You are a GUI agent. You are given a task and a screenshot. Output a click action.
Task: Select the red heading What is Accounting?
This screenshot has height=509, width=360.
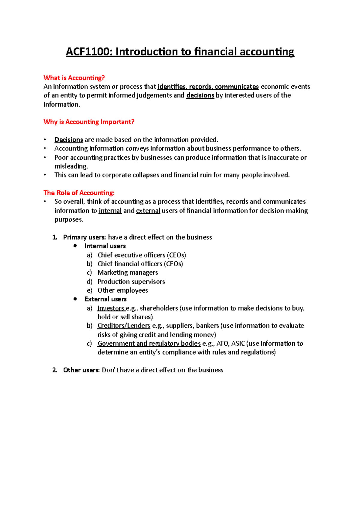click(74, 78)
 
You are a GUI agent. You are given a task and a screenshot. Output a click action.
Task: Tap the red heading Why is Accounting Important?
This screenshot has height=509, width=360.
click(89, 122)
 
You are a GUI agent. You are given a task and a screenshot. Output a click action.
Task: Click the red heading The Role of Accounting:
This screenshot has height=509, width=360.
click(79, 193)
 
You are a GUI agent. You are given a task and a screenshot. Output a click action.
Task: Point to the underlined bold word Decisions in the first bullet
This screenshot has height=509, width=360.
click(69, 140)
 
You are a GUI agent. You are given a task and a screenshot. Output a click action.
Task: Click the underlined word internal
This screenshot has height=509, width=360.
click(110, 211)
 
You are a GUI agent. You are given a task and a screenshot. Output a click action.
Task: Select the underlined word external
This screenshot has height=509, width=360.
click(148, 211)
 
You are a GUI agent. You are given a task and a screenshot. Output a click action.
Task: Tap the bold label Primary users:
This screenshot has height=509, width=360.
click(84, 237)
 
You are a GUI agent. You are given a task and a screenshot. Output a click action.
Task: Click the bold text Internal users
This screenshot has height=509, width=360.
click(105, 246)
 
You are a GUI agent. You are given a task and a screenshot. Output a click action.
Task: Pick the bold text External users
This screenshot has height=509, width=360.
click(105, 299)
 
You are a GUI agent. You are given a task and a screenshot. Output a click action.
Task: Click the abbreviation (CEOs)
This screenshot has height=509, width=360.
click(176, 255)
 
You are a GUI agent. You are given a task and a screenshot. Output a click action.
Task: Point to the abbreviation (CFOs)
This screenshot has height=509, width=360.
click(173, 264)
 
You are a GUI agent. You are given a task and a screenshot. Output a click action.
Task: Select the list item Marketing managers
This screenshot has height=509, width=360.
click(127, 272)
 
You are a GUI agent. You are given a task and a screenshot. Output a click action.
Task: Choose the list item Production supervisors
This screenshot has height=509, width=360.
click(131, 281)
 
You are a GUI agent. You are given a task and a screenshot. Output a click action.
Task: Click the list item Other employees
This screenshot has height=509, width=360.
click(123, 290)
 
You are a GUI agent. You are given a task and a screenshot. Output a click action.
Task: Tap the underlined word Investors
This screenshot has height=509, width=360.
click(111, 308)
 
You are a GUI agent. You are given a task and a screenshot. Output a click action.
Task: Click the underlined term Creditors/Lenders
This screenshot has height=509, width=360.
click(124, 326)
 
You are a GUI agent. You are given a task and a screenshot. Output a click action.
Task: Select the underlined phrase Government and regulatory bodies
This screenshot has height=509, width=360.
click(149, 344)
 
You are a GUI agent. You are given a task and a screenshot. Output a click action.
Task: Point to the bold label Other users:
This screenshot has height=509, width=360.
click(81, 370)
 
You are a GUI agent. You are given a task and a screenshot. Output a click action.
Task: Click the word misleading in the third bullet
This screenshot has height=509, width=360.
click(71, 166)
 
